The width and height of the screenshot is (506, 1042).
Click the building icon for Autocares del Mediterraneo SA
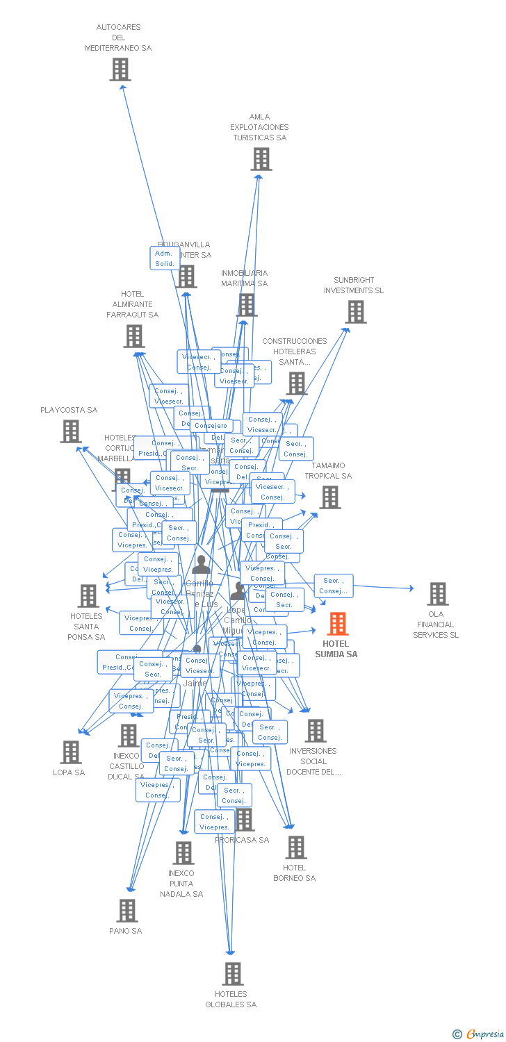tap(120, 69)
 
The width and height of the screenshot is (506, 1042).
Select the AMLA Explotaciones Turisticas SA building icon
tap(261, 159)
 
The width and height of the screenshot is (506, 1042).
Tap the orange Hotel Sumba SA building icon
tap(338, 624)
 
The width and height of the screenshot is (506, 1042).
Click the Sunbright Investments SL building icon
tap(356, 313)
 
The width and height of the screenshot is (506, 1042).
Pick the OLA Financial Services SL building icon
tap(437, 594)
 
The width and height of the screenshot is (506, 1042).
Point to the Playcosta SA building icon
tap(71, 431)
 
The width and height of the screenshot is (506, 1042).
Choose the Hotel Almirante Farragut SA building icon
tap(134, 336)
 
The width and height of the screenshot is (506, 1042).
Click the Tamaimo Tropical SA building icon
tap(330, 497)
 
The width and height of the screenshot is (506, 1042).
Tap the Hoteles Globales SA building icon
tap(233, 974)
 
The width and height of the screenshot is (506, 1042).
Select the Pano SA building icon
tap(127, 911)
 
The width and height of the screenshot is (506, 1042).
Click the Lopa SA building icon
tap(71, 752)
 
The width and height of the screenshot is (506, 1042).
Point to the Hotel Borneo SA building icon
tap(296, 847)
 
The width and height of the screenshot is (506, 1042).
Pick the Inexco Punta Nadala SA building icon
tap(183, 853)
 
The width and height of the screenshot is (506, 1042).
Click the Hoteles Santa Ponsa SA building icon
tap(88, 596)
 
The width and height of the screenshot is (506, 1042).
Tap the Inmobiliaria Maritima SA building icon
tap(247, 305)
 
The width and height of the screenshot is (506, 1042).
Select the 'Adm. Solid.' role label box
tap(165, 258)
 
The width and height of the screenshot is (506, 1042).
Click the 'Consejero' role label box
tap(211, 426)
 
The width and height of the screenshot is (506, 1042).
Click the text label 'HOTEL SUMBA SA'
tap(336, 649)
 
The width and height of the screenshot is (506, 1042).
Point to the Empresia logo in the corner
tap(478, 1034)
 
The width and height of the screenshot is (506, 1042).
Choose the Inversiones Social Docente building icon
tap(316, 731)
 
